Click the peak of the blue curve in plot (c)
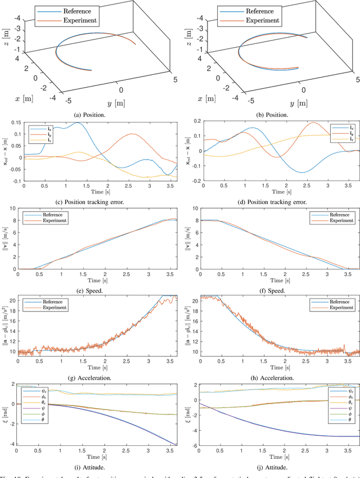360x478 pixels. pyautogui.click(x=78, y=123)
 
